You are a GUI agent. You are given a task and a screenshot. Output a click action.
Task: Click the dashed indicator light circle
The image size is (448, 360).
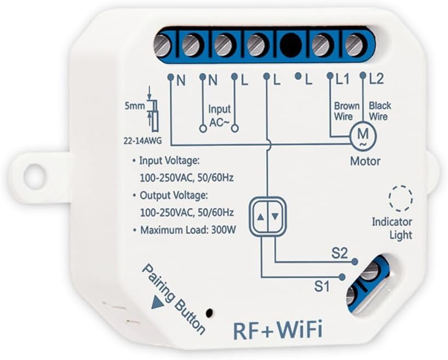tap(399, 198)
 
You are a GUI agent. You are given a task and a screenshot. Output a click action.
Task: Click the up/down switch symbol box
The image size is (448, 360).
tap(268, 216)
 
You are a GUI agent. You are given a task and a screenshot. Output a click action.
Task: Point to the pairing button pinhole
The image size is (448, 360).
tap(209, 312)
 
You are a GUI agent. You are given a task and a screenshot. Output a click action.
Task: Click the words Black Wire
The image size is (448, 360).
tap(378, 111)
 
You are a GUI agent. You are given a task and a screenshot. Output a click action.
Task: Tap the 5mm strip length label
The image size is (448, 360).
tap(135, 102)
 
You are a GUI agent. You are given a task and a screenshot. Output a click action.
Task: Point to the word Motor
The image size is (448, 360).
tap(365, 162)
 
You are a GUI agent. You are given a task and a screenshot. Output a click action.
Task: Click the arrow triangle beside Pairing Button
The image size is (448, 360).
tap(159, 301)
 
